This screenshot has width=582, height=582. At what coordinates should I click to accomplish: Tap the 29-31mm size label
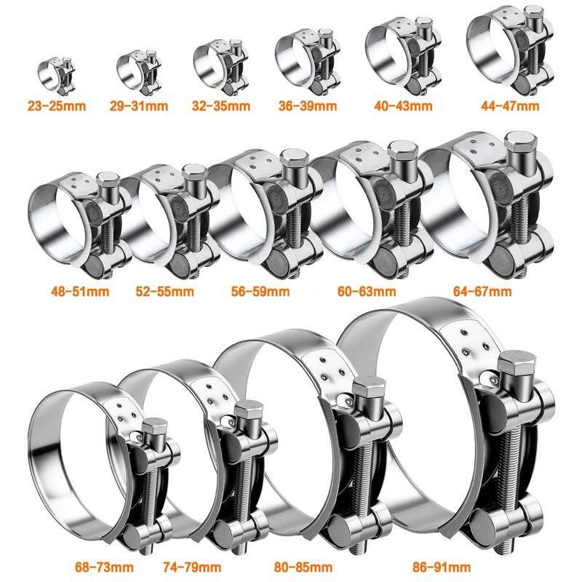pyautogui.click(x=140, y=106)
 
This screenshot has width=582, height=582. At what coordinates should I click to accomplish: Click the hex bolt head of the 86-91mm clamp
pyautogui.click(x=516, y=369)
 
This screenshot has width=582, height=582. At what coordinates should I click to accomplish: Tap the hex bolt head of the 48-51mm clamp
pyautogui.click(x=106, y=180)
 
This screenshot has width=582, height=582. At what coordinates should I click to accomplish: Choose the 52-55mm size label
pyautogui.click(x=164, y=292)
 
